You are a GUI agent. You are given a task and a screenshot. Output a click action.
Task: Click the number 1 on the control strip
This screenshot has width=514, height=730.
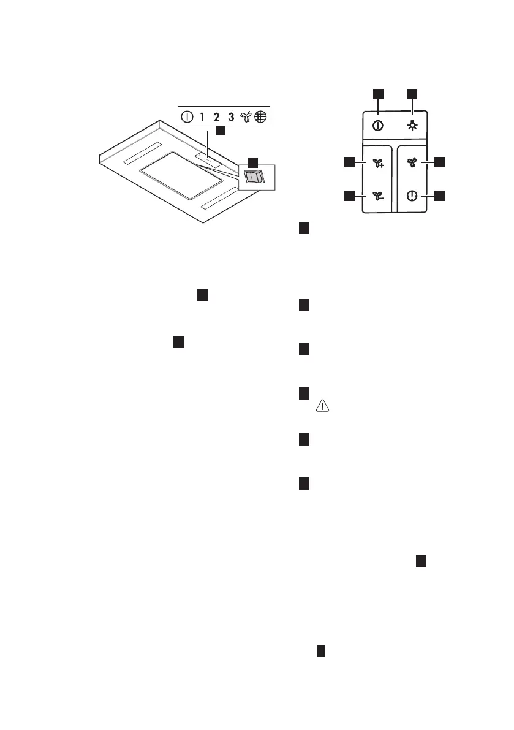[202, 116]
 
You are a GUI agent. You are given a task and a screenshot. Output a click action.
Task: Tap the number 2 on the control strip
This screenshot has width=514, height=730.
[217, 116]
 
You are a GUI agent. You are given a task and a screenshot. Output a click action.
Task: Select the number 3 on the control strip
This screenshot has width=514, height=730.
[231, 116]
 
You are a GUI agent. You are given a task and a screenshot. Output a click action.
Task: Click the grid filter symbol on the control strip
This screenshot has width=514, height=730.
[261, 116]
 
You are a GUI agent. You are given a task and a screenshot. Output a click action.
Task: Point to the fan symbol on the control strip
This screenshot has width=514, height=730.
[246, 116]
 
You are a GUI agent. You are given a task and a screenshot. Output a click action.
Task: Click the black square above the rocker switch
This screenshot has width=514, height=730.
[252, 162]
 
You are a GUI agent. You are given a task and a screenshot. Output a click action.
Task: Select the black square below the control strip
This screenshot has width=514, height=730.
[220, 131]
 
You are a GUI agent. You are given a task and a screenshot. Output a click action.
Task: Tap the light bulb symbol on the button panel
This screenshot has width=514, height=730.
[412, 126]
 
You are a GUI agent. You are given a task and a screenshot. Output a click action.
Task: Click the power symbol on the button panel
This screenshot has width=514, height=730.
[379, 126]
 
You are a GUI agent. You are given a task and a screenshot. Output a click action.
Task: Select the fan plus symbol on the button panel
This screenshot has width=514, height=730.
[379, 163]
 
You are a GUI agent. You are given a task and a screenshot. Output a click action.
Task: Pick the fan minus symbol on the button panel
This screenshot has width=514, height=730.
[379, 196]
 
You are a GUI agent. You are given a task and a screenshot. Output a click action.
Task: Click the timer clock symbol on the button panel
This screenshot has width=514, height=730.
[412, 196]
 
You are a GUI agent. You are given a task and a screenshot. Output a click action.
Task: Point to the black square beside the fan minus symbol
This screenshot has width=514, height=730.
[349, 196]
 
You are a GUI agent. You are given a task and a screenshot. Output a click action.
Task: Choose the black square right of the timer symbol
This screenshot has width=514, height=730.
[439, 196]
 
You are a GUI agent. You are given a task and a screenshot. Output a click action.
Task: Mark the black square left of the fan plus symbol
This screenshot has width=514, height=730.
[349, 162]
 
